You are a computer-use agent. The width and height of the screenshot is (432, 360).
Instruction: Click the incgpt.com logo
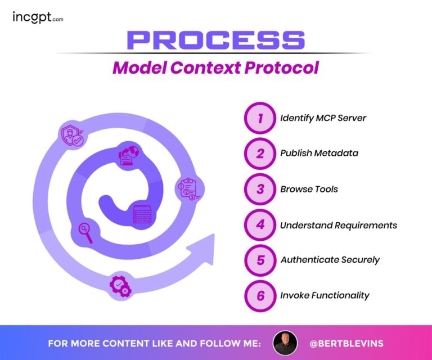38,17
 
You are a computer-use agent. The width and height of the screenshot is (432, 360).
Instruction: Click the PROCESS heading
215,40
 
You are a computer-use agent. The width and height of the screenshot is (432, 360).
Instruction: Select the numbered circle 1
260,118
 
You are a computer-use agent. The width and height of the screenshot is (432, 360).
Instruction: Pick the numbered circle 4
260,225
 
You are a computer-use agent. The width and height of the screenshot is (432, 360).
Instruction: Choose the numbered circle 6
260,295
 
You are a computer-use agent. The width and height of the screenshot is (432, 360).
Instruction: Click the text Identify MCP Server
323,118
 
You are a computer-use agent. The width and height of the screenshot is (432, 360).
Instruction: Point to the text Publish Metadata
319,154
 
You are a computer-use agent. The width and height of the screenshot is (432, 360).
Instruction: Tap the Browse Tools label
309,189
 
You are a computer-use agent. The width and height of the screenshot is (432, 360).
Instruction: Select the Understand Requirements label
339,225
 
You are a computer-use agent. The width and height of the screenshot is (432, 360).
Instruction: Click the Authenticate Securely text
330,260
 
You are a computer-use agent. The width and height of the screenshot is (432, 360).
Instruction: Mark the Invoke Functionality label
325,295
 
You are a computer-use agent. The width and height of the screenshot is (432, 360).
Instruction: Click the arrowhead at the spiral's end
202,248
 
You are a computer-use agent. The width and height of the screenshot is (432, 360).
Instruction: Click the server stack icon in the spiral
142,215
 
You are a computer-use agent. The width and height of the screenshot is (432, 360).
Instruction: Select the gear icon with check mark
120,286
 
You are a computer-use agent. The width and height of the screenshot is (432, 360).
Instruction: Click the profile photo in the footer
285,343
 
